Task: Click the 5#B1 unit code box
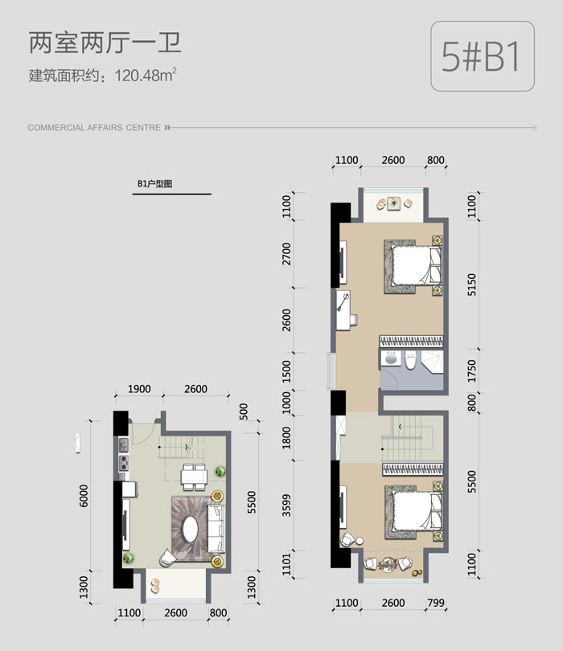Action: click(483, 56)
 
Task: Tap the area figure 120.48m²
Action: click(146, 76)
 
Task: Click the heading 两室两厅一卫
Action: click(105, 43)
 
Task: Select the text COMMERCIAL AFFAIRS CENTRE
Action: click(94, 128)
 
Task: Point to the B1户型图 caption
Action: click(154, 183)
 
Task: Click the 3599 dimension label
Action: click(286, 506)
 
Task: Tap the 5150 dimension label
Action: click(471, 285)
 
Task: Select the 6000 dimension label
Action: click(84, 496)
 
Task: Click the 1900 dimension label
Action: click(139, 389)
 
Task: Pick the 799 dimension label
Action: click(436, 603)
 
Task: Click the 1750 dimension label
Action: click(471, 371)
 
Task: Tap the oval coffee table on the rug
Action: click(191, 529)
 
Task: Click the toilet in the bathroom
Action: click(411, 359)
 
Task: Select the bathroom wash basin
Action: click(391, 358)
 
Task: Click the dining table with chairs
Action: click(194, 477)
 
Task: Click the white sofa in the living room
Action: click(216, 529)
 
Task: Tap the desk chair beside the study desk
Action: click(354, 320)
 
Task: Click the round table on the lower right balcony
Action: click(388, 563)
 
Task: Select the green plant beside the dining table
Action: click(220, 471)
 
